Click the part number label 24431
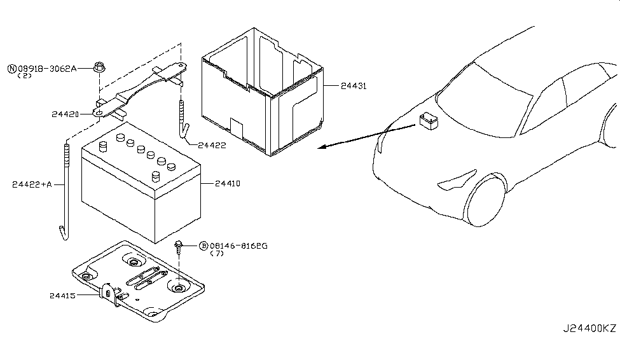tap(354, 86)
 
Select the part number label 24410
tap(228, 184)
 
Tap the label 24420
tap(65, 103)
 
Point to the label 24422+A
tap(32, 184)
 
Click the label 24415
tap(62, 296)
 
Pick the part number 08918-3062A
tap(47, 69)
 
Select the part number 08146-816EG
tap(238, 246)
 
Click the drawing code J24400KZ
tap(589, 328)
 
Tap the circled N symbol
tap(12, 69)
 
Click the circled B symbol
tap(203, 246)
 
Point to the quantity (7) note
tap(217, 254)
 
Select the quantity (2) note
tap(25, 76)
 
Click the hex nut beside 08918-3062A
tap(99, 67)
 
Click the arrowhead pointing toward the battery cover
tap(322, 147)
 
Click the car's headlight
tap(457, 179)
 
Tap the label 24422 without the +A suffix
tap(212, 146)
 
